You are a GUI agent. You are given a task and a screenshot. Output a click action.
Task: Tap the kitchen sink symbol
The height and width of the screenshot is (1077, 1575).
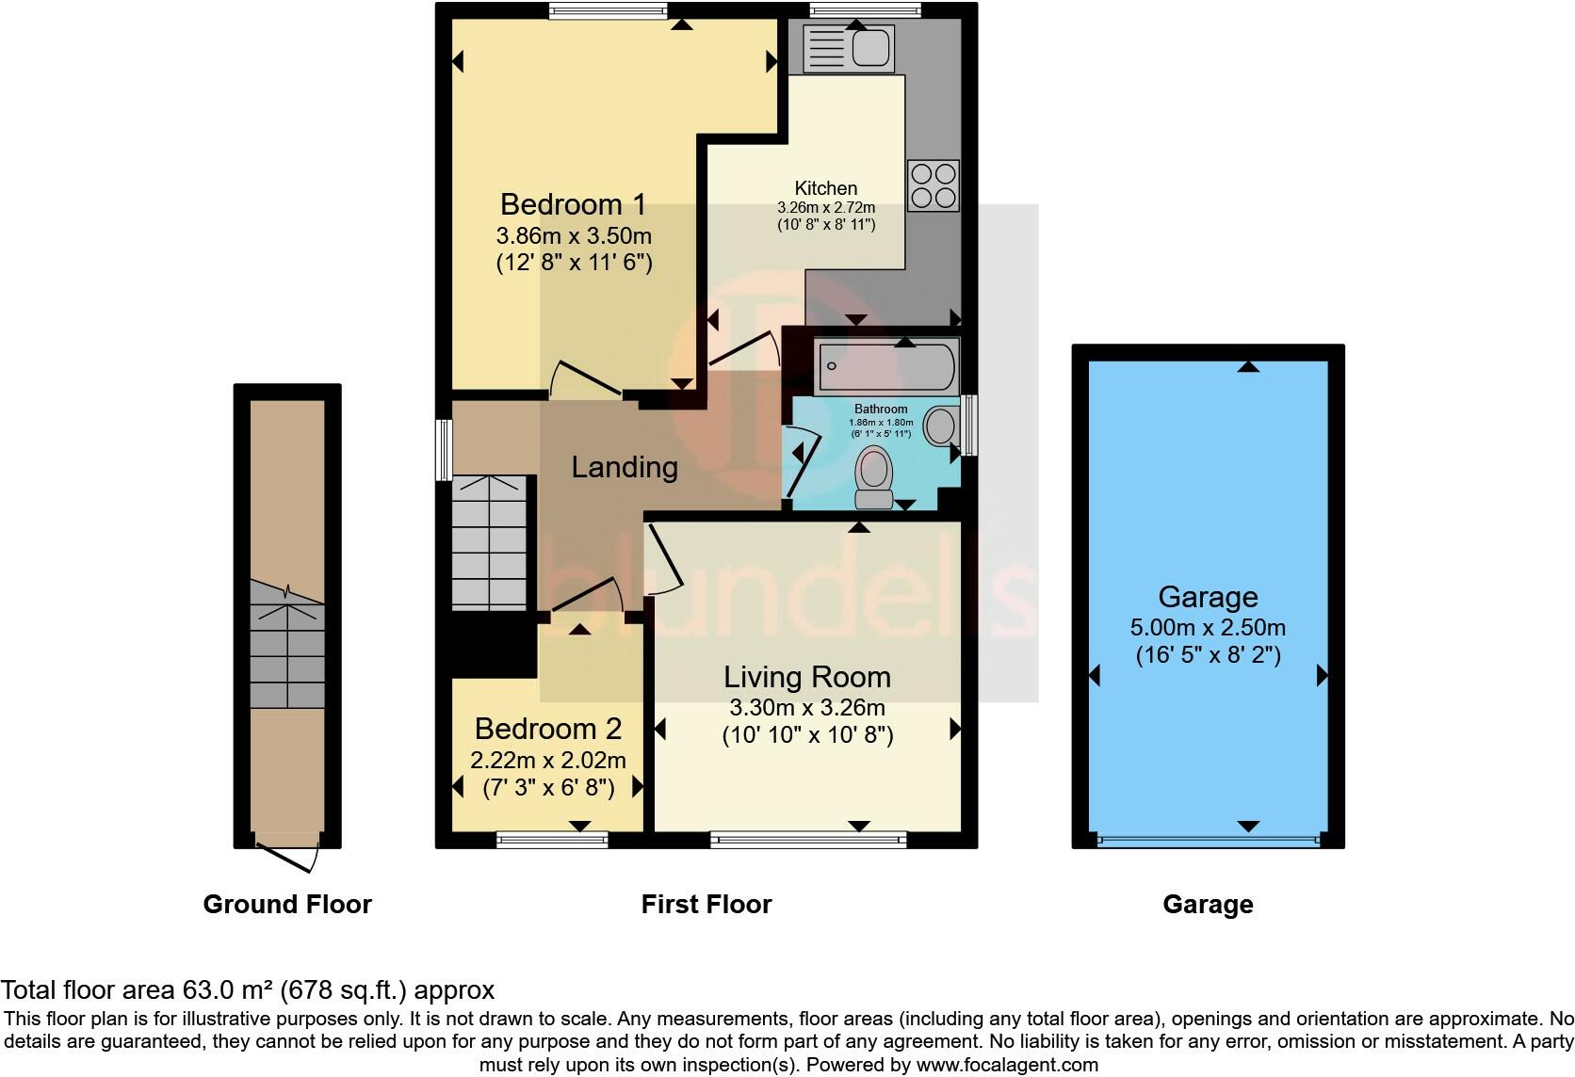(848, 48)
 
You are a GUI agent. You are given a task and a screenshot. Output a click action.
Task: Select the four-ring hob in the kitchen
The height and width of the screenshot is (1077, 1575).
(934, 185)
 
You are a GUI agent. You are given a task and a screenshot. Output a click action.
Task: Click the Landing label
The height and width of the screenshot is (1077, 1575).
(625, 467)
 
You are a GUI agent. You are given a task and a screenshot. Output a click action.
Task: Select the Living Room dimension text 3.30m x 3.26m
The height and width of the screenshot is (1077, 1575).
(807, 707)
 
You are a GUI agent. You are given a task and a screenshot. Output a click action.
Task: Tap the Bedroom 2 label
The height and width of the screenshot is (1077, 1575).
(548, 729)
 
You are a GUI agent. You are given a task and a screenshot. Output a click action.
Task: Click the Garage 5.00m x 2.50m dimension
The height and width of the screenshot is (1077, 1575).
(1208, 627)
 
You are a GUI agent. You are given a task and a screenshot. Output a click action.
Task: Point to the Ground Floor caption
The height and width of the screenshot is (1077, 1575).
(287, 905)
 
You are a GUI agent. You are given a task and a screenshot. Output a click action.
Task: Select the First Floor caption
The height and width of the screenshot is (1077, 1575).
(706, 905)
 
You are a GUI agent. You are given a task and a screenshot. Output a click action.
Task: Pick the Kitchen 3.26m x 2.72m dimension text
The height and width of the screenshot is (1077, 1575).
(826, 207)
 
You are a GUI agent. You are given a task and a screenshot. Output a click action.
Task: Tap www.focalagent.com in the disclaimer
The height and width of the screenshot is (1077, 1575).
(1006, 1065)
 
